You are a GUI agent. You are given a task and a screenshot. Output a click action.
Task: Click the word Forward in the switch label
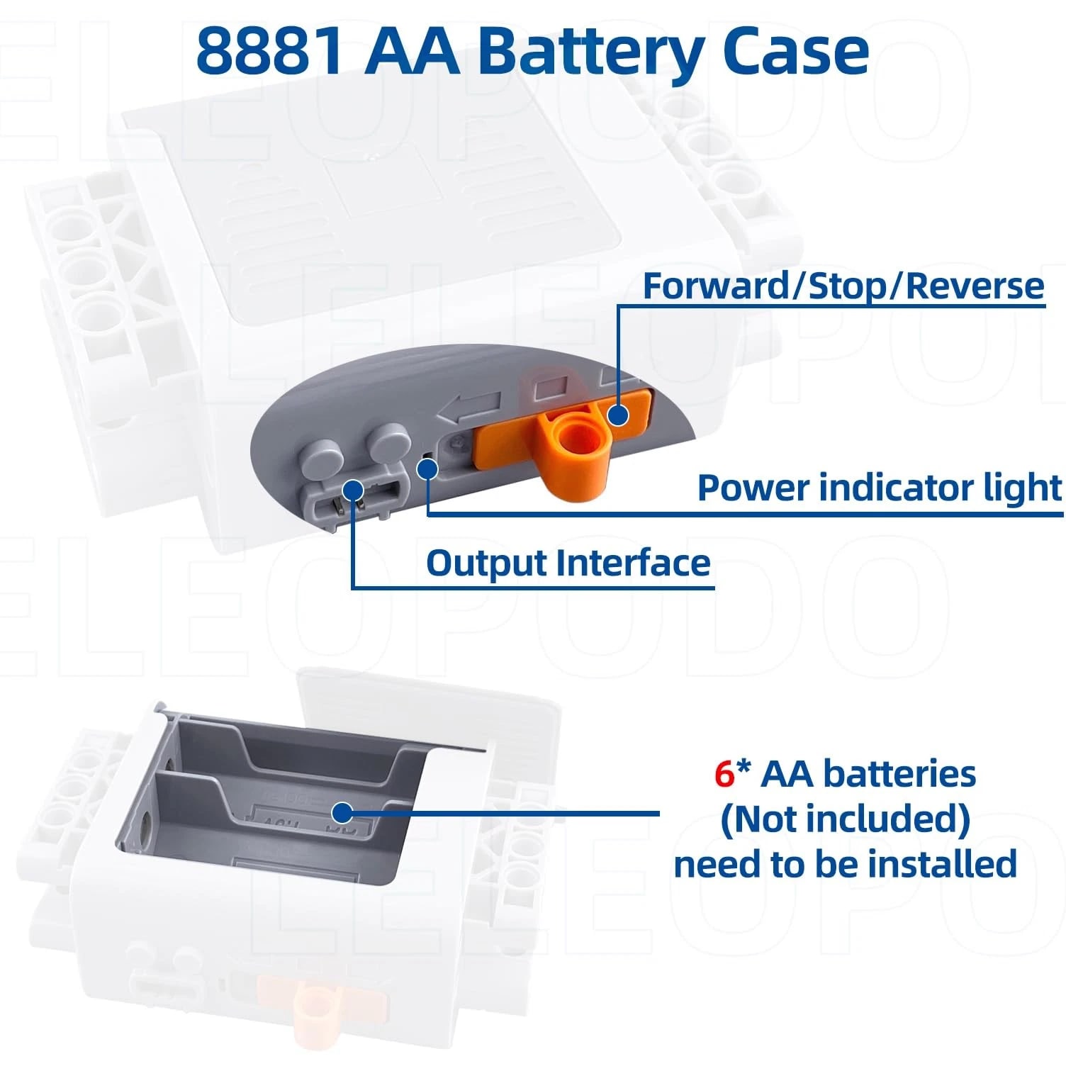click(716, 286)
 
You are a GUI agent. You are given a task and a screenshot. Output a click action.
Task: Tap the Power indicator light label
click(880, 488)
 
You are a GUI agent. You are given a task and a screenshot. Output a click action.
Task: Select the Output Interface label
click(568, 563)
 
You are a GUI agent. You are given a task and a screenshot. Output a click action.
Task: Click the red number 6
click(724, 774)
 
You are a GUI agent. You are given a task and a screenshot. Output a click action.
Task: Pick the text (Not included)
click(845, 819)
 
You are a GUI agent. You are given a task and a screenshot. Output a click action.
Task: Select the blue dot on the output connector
click(353, 490)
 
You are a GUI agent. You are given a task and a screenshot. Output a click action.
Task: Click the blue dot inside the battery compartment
click(342, 812)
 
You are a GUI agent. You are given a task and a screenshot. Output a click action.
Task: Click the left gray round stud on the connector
click(325, 454)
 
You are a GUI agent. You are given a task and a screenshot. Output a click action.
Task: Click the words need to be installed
click(845, 864)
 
